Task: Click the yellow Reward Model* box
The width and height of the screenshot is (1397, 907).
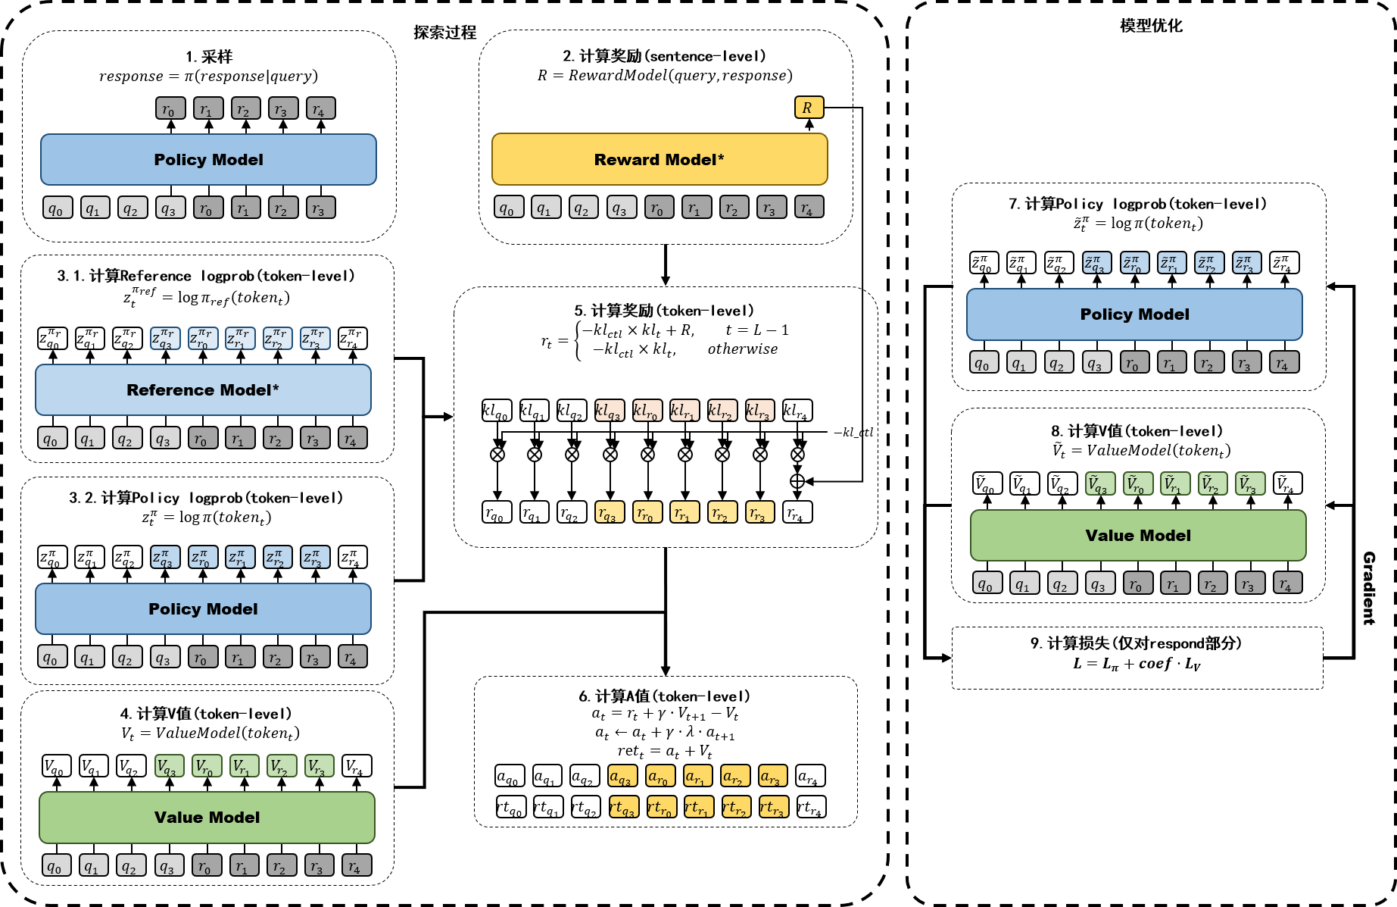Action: [x=660, y=159]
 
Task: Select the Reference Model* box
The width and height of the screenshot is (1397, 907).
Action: [x=203, y=390]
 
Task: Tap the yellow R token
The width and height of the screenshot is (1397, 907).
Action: [x=809, y=108]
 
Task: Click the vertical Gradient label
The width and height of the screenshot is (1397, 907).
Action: [x=1369, y=588]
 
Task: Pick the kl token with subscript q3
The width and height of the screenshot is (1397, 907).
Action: [x=610, y=411]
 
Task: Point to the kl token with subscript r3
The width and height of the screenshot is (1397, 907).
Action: [x=759, y=411]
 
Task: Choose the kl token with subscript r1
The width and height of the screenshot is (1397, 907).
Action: [x=684, y=411]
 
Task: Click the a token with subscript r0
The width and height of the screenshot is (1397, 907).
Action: [x=660, y=776]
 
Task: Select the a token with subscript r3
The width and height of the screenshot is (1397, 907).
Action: [x=772, y=776]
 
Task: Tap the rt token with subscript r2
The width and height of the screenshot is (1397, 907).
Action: [x=736, y=807]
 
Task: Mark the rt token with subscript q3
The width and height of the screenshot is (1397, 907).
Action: [x=624, y=807]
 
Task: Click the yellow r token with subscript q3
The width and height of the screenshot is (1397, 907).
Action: [x=610, y=512]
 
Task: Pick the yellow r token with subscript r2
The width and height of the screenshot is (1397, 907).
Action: [x=722, y=512]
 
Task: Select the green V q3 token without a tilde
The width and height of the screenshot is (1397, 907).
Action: [x=169, y=766]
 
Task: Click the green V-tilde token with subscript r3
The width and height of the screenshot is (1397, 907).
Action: [x=1250, y=483]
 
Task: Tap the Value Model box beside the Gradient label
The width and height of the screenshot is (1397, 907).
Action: [x=1138, y=536]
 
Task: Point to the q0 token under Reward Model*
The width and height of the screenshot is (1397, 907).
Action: [x=509, y=207]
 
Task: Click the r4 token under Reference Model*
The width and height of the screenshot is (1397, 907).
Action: [x=352, y=438]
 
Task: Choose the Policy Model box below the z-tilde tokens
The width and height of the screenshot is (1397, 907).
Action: [x=1134, y=314]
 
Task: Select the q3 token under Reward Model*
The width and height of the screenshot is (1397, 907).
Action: [x=622, y=207]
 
